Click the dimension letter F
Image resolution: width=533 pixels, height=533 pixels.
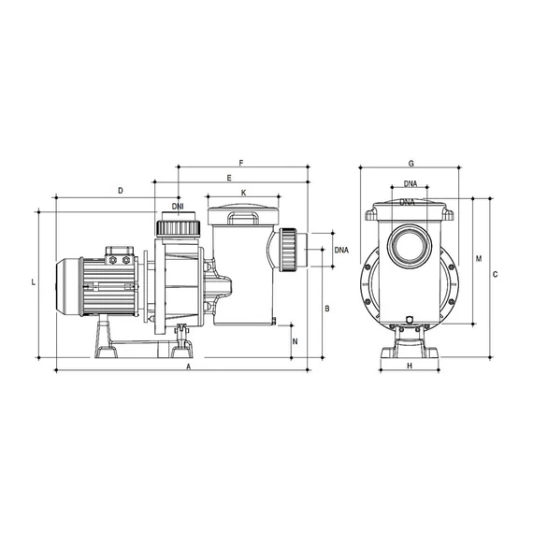241,163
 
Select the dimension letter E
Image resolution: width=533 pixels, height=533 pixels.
229,178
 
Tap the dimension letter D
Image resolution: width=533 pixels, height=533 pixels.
121,191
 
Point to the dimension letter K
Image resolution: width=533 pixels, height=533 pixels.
244,193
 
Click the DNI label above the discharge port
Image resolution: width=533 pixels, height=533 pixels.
178,207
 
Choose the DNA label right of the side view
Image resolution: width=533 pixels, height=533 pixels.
341,251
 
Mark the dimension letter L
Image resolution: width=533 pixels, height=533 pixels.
34,282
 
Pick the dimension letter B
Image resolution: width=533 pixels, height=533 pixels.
327,309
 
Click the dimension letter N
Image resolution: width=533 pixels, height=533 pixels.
295,341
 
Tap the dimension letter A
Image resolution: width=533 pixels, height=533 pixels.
188,367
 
